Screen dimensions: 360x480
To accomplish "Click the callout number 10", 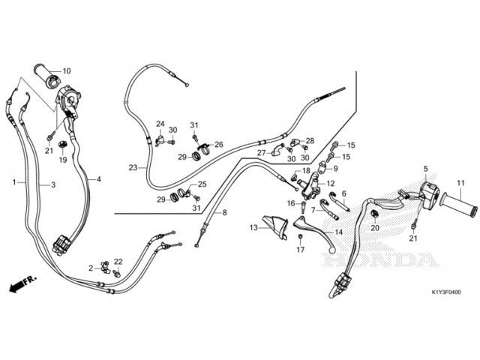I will tap(66, 71).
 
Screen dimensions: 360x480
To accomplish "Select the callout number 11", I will tap(460, 182).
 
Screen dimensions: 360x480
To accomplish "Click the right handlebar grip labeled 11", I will tap(457, 201).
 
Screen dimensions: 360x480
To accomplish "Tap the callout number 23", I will tap(132, 168).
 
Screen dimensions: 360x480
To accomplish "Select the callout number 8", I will tap(223, 213).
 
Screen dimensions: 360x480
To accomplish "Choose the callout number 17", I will tap(300, 250).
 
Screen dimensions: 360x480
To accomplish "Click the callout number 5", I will tap(425, 169).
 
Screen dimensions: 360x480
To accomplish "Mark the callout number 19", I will tap(63, 160).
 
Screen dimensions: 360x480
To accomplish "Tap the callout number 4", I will tap(98, 180).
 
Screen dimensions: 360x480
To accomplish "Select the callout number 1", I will tap(14, 182).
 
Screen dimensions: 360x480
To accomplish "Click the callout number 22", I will tap(118, 262).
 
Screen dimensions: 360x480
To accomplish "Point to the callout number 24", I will tap(160, 124).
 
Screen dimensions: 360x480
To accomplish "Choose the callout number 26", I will tap(218, 144).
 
